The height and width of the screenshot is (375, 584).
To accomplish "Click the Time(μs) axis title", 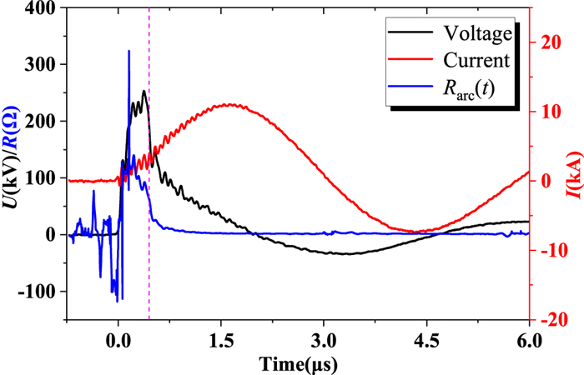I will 299,362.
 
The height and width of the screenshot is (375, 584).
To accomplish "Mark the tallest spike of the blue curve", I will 128,51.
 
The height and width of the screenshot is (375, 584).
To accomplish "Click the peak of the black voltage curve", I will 144,91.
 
